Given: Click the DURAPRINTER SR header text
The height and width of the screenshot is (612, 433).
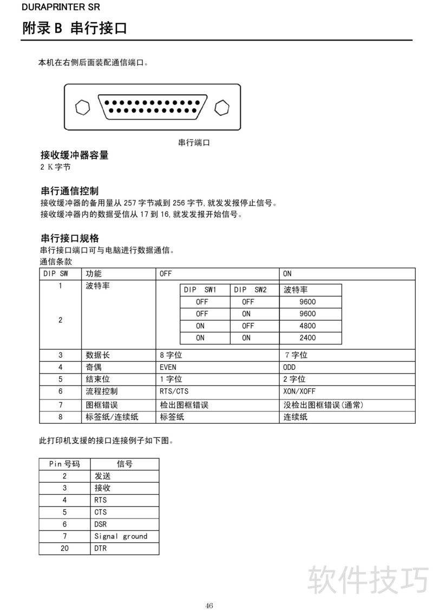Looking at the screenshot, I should point(53,7).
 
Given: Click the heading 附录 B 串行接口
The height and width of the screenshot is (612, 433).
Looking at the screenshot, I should point(75,28).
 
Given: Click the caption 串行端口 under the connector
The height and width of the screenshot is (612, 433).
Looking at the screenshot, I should point(194,143).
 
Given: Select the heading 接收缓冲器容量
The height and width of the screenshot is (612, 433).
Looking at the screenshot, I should point(75,155).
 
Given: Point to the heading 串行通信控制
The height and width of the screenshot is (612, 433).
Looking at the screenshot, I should point(70,191).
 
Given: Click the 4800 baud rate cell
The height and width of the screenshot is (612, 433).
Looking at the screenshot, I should point(307,326).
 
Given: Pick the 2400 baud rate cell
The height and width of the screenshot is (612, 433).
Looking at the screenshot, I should point(307,338).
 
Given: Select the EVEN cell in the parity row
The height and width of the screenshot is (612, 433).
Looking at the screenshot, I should point(168,367).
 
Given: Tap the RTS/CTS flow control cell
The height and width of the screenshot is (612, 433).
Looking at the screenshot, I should point(174,391).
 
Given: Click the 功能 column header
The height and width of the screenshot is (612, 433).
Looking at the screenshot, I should point(94,274).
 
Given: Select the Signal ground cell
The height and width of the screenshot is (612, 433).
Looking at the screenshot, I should point(121,536).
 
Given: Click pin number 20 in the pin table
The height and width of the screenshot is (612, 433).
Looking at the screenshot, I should point(64,548).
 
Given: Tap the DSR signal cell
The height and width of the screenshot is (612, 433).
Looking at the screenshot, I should point(101,524).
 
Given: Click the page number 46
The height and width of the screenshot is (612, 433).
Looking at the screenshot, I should point(209,605).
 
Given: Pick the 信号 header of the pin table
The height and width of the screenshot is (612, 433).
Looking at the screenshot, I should point(124,464).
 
